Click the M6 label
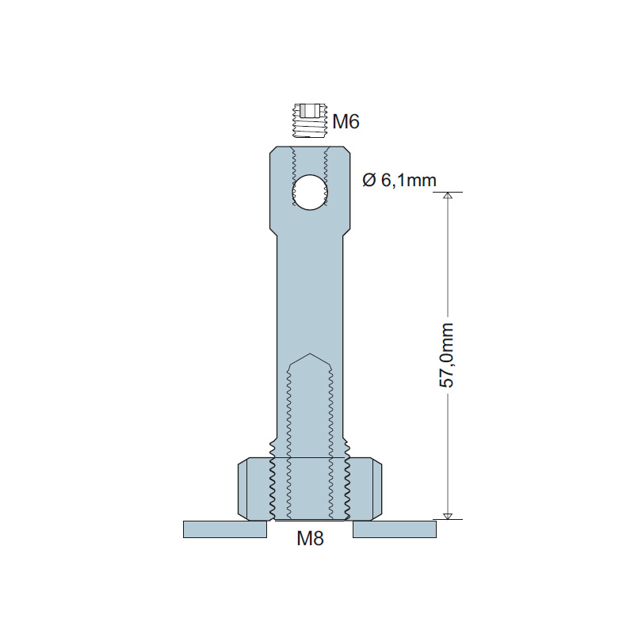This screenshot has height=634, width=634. [346, 121]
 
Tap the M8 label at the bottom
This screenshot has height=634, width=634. [310, 538]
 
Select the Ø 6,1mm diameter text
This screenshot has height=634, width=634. [399, 180]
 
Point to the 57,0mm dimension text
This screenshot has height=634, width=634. [446, 355]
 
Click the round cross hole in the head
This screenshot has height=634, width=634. [310, 192]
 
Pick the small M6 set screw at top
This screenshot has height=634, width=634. [309, 121]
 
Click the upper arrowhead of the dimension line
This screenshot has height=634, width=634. [447, 195]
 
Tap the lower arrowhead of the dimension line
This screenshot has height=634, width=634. [447, 516]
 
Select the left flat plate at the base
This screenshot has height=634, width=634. [225, 529]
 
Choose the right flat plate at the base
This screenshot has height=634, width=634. [395, 529]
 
